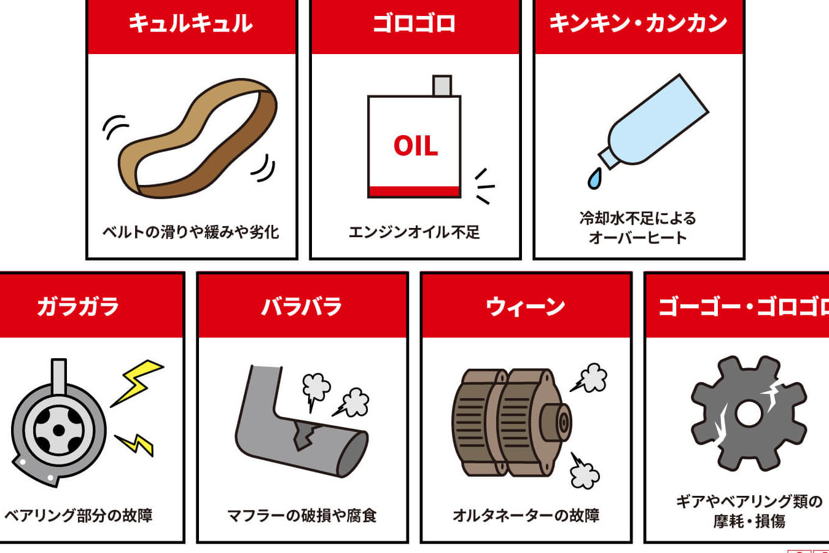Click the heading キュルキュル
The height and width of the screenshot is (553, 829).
[190, 23]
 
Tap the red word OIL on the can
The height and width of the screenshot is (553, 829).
[416, 146]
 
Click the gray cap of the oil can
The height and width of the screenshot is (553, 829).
[442, 86]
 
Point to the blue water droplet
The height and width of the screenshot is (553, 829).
[594, 179]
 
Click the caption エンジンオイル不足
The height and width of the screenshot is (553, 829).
[414, 232]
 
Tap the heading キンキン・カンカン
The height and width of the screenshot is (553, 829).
[639, 23]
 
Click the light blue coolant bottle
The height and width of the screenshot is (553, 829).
[653, 122]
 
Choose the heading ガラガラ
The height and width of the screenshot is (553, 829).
[78, 307]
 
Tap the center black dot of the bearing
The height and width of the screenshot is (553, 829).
[59, 430]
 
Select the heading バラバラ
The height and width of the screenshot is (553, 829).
[302, 307]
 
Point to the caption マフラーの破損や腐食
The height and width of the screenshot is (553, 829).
[302, 516]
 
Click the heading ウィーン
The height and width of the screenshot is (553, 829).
[526, 307]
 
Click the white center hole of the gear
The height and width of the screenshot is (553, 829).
[749, 414]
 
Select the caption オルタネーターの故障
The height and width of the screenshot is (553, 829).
[526, 516]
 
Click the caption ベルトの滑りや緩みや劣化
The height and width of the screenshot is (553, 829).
[190, 232]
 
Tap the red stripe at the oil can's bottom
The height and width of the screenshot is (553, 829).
[414, 191]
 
